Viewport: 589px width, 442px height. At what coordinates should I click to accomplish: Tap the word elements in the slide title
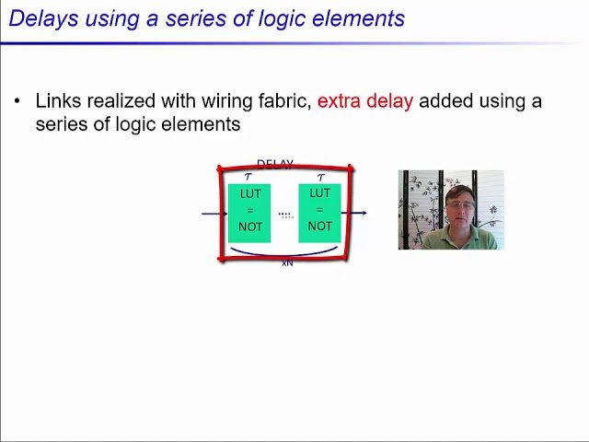[361, 17]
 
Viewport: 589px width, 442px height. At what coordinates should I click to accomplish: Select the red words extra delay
[364, 101]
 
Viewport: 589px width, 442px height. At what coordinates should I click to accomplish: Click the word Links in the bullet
[57, 101]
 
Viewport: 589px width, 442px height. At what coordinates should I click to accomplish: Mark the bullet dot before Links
[17, 101]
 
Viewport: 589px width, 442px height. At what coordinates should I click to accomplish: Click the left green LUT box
[249, 213]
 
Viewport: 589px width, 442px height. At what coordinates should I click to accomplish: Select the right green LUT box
[319, 213]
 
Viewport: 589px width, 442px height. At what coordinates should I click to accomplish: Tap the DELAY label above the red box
[274, 164]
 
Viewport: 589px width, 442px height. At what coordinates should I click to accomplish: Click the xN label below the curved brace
[287, 263]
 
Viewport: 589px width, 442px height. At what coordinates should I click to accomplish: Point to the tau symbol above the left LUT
[248, 177]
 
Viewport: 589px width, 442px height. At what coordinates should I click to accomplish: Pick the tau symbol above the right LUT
[320, 177]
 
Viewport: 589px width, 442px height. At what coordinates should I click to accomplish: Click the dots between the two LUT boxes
[285, 215]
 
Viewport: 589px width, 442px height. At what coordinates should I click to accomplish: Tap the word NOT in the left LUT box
[250, 227]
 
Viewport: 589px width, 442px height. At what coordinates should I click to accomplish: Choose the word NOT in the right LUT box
[319, 227]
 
